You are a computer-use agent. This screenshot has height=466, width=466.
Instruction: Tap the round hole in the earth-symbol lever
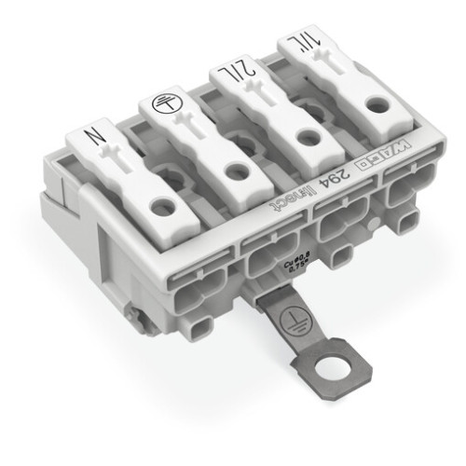(237, 171)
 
